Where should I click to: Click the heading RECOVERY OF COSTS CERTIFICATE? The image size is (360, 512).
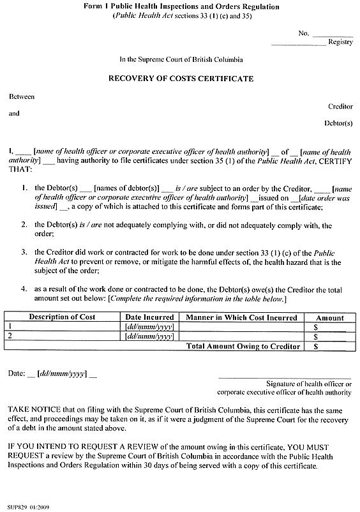click(180, 79)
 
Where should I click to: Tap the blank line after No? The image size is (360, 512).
click(333, 34)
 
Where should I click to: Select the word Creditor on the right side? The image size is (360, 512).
click(340, 107)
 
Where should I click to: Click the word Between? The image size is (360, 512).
click(22, 96)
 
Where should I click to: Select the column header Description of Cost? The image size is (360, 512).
click(62, 317)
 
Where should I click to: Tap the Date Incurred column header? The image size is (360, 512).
click(149, 317)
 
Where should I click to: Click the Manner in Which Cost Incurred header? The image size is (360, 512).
click(241, 317)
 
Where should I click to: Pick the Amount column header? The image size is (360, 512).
click(329, 317)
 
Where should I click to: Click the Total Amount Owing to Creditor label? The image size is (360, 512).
click(243, 346)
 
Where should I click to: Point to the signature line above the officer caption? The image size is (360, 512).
click(285, 377)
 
